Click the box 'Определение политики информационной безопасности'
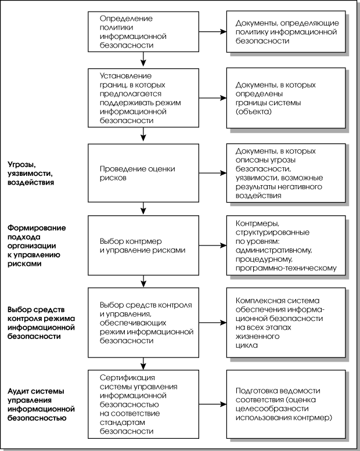pyautogui.click(x=143, y=32)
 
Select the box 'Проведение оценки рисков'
pyautogui.click(x=143, y=173)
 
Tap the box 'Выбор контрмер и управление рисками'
pyautogui.click(x=143, y=246)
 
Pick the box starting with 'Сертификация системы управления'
pyautogui.click(x=143, y=404)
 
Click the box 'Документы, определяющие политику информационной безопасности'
pyautogui.click(x=286, y=32)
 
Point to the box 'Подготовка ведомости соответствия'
pyautogui.click(x=286, y=404)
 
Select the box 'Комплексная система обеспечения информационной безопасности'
pyautogui.click(x=286, y=323)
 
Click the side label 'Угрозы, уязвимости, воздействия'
pyautogui.click(x=31, y=174)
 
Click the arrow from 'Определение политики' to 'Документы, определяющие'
pyautogui.click(x=213, y=32)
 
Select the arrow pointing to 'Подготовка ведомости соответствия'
pyautogui.click(x=213, y=404)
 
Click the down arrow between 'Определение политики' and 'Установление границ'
pyautogui.click(x=143, y=59)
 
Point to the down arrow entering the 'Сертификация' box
pyautogui.click(x=143, y=363)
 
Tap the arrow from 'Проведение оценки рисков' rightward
pyautogui.click(x=213, y=173)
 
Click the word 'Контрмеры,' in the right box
pyautogui.click(x=257, y=223)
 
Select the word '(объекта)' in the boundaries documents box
pyautogui.click(x=254, y=111)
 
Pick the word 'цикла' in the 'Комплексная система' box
pyautogui.click(x=247, y=345)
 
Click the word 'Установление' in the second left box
pyautogui.click(x=126, y=76)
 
